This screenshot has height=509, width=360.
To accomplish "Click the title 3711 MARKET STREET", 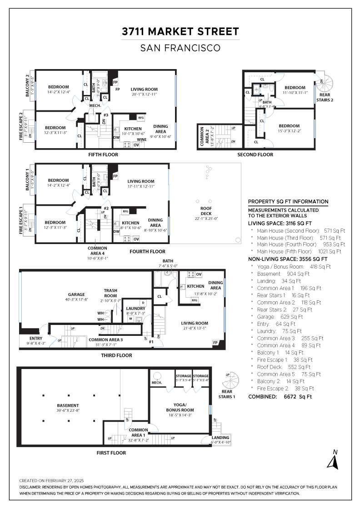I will (x=180, y=31).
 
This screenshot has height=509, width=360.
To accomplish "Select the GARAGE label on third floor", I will (x=73, y=294).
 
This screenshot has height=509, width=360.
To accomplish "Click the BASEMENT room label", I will (x=67, y=405).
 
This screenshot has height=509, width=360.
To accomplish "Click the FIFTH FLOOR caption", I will (x=103, y=155).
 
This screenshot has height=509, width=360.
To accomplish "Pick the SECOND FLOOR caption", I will (x=255, y=155).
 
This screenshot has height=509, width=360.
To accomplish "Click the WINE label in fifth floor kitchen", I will (x=141, y=140).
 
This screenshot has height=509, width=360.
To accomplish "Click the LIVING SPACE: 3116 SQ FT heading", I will (x=280, y=224).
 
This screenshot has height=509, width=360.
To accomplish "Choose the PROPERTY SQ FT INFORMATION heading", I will (x=288, y=202).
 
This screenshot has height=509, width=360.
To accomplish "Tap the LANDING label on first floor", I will (x=221, y=438).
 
